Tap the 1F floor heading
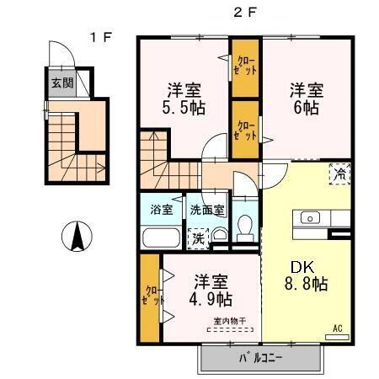click(x=102, y=36)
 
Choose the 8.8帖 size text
click(x=306, y=284)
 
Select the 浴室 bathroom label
click(x=160, y=209)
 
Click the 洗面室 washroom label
click(x=206, y=209)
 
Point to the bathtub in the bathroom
click(x=160, y=237)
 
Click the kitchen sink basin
click(x=309, y=218)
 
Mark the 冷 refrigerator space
click(x=339, y=175)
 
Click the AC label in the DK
click(x=338, y=328)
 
